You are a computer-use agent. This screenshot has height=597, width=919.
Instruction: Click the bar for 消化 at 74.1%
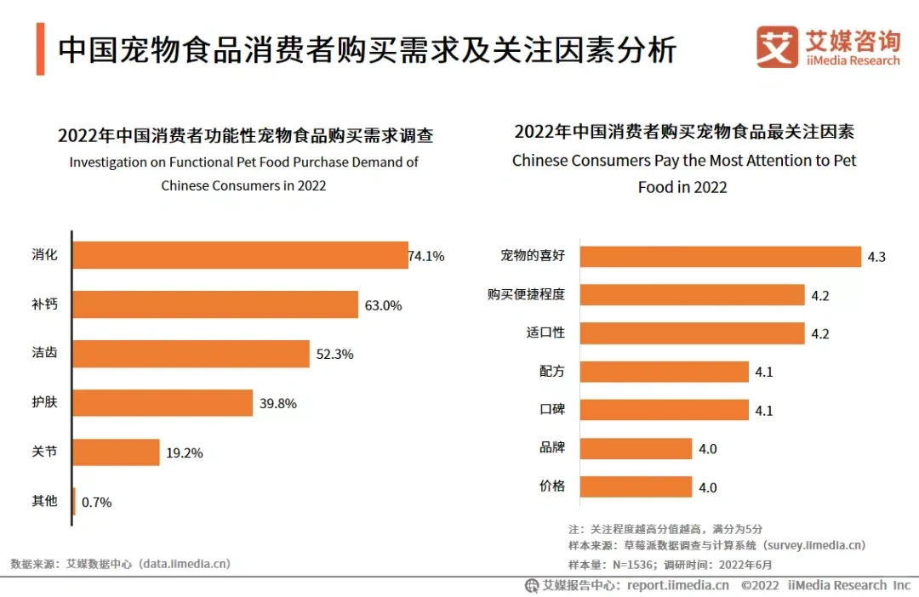tap(240, 255)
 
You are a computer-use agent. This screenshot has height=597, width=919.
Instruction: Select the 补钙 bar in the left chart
tap(215, 304)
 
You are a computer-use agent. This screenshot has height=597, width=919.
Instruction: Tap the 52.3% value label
tap(334, 354)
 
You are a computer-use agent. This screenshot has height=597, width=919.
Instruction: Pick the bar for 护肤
tap(163, 403)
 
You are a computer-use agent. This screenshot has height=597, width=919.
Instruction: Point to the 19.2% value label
tap(185, 452)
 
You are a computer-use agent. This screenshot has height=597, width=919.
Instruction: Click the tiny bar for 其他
tap(74, 501)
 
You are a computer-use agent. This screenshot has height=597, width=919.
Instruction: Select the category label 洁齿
tap(44, 353)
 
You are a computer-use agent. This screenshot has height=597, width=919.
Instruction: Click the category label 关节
tap(44, 452)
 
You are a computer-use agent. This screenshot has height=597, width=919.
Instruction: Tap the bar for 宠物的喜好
tap(721, 256)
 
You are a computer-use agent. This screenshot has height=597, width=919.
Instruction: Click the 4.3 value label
tap(876, 257)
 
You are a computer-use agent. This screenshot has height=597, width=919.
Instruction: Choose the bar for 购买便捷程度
tap(692, 295)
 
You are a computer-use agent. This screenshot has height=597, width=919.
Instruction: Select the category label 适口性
tap(545, 333)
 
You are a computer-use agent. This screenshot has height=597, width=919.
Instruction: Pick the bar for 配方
tap(664, 372)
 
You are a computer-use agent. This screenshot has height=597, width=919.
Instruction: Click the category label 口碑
tap(551, 409)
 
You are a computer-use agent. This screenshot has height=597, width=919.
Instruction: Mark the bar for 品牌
tap(636, 448)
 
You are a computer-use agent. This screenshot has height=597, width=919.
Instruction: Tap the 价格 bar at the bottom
tap(636, 486)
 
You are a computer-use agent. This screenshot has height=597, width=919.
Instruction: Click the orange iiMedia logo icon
tap(777, 47)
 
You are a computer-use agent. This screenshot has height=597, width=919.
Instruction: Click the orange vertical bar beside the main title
tap(41, 49)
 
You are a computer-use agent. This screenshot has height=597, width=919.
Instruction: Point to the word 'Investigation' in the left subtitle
tap(109, 162)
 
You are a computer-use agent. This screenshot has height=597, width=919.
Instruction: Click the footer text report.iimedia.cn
tap(677, 585)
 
